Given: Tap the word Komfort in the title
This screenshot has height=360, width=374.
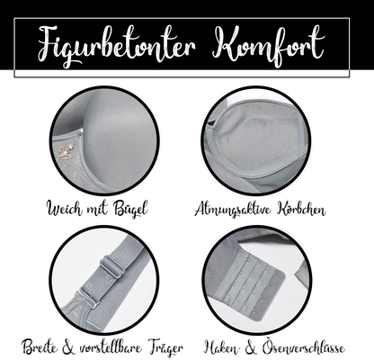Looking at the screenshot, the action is coord(268,45).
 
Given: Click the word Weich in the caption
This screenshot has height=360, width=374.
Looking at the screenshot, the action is coord(65,208).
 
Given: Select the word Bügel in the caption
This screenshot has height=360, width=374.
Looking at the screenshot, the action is coord(130,209).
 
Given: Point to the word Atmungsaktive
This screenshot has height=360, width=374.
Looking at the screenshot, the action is coord(233,209).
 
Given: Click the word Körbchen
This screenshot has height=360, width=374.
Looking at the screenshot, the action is coord(301,209).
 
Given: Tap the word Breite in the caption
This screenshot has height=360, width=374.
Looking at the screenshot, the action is coord(40,347).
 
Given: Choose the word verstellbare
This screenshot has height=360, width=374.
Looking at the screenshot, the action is coord(111,348).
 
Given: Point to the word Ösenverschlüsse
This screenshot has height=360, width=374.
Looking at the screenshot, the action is coord(303,348).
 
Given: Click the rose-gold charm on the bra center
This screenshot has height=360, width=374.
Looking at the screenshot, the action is coord(67,151).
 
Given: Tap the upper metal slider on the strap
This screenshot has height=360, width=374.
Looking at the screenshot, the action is coord(111,266).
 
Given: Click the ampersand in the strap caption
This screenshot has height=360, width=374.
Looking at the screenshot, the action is coord(68,347).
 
